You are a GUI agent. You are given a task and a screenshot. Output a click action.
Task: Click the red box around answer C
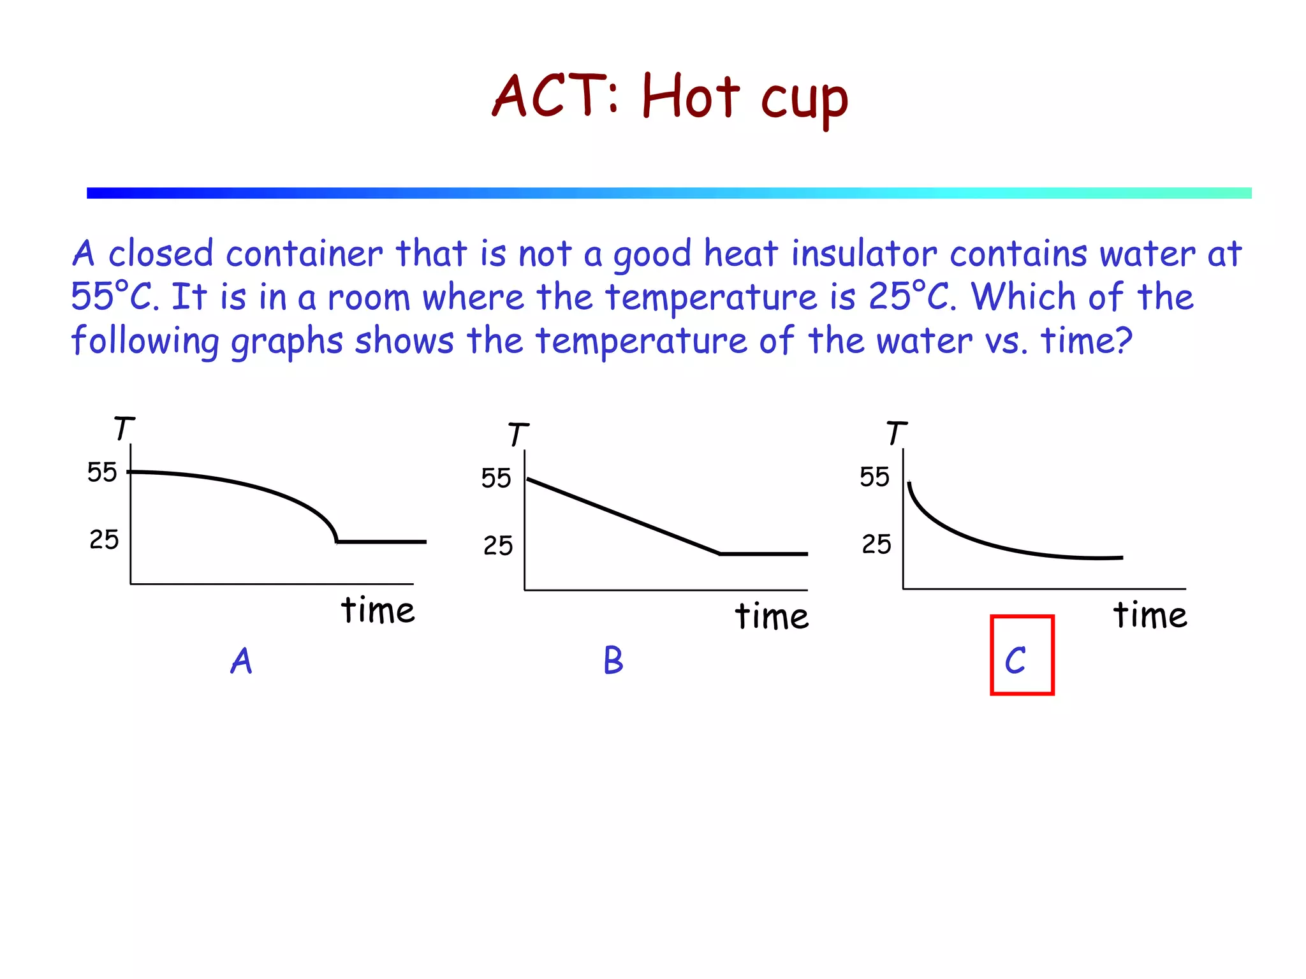click(x=1022, y=655)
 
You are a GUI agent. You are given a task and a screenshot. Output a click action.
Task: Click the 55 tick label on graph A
click(x=102, y=472)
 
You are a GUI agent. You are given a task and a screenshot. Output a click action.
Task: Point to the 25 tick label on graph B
click(x=497, y=546)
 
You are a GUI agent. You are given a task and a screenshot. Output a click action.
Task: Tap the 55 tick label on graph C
click(x=874, y=477)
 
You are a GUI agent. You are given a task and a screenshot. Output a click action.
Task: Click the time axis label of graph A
click(x=378, y=610)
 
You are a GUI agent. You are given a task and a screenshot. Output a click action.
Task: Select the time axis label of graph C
click(x=1150, y=615)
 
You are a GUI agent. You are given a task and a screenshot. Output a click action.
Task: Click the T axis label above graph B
click(x=518, y=435)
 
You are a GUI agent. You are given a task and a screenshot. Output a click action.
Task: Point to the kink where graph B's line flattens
click(x=719, y=553)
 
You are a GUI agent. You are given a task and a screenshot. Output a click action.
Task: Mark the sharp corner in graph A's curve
click(x=337, y=541)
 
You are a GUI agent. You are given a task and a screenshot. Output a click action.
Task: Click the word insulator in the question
click(x=864, y=254)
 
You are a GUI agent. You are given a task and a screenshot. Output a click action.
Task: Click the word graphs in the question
click(x=287, y=341)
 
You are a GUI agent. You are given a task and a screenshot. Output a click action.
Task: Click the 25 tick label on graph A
click(x=104, y=540)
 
